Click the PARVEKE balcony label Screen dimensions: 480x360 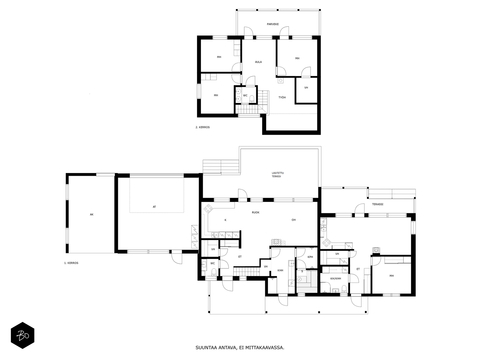point(273,24)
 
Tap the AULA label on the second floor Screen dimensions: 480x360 point(258,62)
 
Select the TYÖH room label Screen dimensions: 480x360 point(282,97)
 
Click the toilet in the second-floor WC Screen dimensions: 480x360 point(252,99)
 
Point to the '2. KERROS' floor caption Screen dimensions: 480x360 point(202,127)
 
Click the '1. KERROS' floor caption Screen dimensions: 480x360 point(71,263)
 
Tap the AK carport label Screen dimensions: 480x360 point(91,214)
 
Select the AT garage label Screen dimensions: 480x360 point(154,207)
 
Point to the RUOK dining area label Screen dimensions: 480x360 point(256,212)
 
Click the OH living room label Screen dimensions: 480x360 point(293,220)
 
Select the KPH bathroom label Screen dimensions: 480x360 point(310,257)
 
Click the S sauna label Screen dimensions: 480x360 point(302,271)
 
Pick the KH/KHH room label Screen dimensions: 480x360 point(336,278)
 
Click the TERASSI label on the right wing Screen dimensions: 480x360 point(378,204)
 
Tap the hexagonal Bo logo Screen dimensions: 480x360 point(22,335)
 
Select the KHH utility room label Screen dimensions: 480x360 point(280,270)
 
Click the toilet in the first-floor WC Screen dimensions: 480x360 point(214,272)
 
